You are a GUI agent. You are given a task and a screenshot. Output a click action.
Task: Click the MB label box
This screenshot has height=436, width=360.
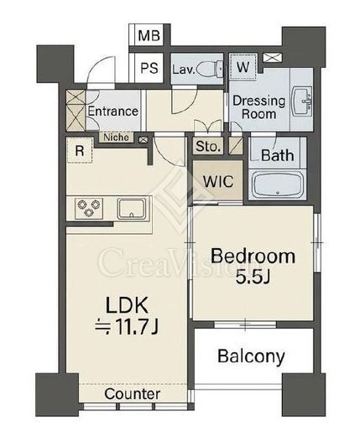(149, 35)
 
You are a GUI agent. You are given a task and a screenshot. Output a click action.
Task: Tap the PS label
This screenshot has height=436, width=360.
(149, 68)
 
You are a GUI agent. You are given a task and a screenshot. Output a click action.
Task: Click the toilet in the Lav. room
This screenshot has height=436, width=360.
(210, 68)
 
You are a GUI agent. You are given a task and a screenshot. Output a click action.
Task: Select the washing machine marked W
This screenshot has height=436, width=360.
(243, 67)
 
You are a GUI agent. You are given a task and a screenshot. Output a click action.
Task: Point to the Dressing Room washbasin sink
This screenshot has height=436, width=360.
(301, 101)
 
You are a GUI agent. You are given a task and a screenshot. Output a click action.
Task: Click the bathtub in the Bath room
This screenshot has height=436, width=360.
(278, 184)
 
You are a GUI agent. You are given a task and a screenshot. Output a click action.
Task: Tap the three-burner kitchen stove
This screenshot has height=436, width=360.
(89, 208)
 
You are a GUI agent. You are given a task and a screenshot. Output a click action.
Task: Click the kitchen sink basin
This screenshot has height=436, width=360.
(132, 209)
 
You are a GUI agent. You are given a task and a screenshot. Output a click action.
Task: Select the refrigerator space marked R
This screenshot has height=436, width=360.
(80, 150)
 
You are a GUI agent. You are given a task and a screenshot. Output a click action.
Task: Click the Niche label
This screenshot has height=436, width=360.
(116, 138)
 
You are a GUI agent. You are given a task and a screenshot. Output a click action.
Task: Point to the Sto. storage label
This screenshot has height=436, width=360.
(207, 146)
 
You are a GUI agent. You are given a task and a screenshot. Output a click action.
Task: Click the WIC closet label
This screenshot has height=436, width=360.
(218, 182)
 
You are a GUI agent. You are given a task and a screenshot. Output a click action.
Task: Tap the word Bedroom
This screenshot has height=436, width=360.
(253, 256)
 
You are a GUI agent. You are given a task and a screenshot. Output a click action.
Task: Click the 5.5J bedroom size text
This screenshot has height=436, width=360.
(253, 277)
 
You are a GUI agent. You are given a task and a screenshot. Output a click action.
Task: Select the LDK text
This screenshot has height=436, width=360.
(127, 305)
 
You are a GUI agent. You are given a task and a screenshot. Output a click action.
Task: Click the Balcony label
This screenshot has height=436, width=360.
(251, 356)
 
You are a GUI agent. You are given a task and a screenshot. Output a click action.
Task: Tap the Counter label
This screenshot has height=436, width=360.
(133, 394)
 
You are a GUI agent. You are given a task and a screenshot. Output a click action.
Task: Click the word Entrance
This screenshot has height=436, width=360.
(113, 112)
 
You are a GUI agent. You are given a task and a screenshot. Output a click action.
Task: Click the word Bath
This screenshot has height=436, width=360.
(278, 155)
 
